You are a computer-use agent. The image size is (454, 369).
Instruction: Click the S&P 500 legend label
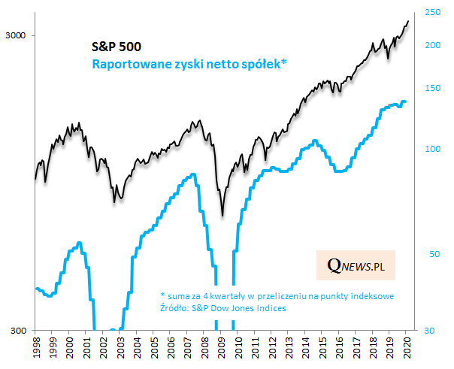pos(116,47)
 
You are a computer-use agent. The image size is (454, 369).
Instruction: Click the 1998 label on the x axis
pos(36,349)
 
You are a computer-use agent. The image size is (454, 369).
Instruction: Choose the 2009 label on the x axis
pos(222,349)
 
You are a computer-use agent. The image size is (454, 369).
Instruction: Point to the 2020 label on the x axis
pos(407,349)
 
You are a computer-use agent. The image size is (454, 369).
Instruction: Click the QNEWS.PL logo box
pos(356,265)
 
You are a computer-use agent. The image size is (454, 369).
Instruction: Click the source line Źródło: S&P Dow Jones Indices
pos(223,307)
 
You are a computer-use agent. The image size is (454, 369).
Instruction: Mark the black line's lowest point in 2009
pos(222,216)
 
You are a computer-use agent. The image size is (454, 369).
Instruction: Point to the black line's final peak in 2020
pos(408,21)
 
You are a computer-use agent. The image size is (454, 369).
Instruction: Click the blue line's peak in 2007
pos(194,174)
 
